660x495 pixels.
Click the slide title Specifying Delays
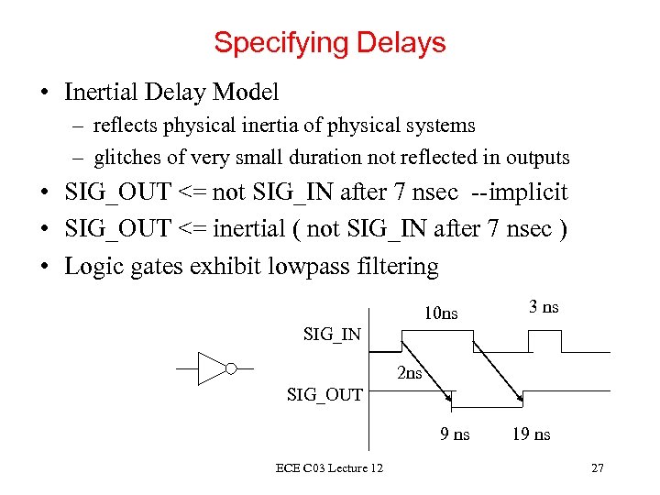coord(330,42)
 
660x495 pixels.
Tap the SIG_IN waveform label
coord(332,335)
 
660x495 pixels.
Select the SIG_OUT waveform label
coord(324,395)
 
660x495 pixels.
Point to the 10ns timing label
coord(440,313)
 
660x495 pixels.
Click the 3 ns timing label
coord(544,307)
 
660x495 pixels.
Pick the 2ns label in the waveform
coord(410,373)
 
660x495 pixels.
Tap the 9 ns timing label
coord(455,434)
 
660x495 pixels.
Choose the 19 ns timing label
coord(532,434)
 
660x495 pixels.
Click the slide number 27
coord(598,468)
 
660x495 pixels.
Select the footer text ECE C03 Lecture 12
coord(329,468)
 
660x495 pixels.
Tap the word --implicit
coord(520,192)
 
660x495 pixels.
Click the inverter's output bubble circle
coord(231,368)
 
